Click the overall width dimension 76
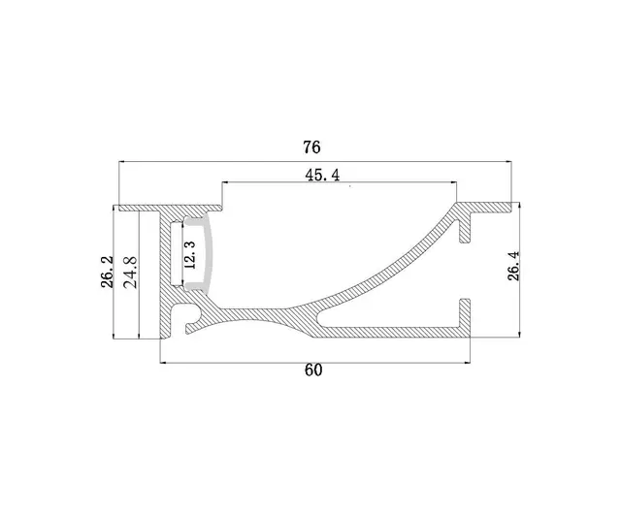pyautogui.click(x=310, y=148)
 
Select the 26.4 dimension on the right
pyautogui.click(x=513, y=265)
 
